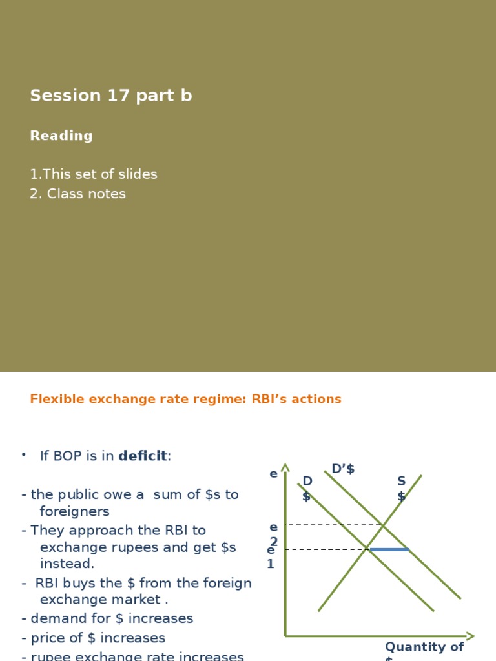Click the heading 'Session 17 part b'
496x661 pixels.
(x=110, y=96)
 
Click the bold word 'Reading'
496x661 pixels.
(x=61, y=136)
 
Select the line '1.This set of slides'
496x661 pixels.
(x=94, y=174)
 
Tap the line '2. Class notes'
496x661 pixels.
(x=77, y=194)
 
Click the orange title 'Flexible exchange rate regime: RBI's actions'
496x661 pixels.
(x=185, y=399)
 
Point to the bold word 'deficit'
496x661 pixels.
(x=142, y=456)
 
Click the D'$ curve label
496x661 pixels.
(x=343, y=469)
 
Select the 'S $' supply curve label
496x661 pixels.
(x=402, y=489)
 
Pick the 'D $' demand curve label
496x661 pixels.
(x=307, y=489)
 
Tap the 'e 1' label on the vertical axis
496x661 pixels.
(x=271, y=556)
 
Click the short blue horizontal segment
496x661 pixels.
(x=389, y=549)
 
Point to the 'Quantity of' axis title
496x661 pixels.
(x=424, y=647)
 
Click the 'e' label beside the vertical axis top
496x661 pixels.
(x=273, y=474)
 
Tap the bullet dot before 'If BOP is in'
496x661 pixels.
(x=24, y=455)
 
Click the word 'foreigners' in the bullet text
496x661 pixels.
(x=74, y=511)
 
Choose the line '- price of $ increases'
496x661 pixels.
(x=93, y=638)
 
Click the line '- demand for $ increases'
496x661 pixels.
(x=107, y=618)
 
